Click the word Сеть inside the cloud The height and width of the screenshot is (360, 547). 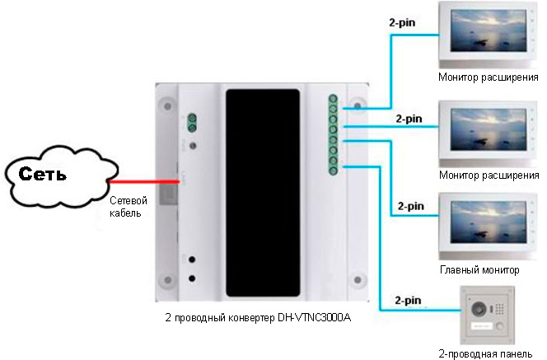pyautogui.click(x=42, y=173)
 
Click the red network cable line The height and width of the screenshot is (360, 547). pyautogui.click(x=143, y=181)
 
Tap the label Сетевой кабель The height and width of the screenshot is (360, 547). pyautogui.click(x=128, y=207)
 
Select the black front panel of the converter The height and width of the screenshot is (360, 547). pyautogui.click(x=263, y=193)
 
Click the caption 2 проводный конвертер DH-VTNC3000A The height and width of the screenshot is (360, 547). pyautogui.click(x=258, y=318)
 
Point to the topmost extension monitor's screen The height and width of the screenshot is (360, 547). pyautogui.click(x=489, y=30)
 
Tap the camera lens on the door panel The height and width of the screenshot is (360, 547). pyautogui.click(x=479, y=309)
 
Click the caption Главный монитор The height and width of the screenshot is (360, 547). pyautogui.click(x=479, y=269)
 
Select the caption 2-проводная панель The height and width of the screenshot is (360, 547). pyautogui.click(x=485, y=353)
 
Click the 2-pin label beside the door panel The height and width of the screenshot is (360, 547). pyautogui.click(x=408, y=301)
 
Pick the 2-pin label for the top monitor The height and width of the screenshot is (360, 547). pyautogui.click(x=402, y=23)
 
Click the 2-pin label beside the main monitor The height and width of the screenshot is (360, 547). pyautogui.click(x=411, y=206)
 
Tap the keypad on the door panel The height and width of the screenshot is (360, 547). pyautogui.click(x=499, y=308)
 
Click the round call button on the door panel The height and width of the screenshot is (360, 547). pyautogui.click(x=500, y=326)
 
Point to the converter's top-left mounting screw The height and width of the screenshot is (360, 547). pyautogui.click(x=168, y=105)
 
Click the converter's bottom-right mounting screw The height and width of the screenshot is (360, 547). pyautogui.click(x=358, y=280)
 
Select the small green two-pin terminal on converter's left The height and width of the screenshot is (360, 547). pyautogui.click(x=191, y=123)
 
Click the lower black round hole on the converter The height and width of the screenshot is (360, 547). pyautogui.click(x=192, y=278)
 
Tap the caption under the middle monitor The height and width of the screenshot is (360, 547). pyautogui.click(x=489, y=175)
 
